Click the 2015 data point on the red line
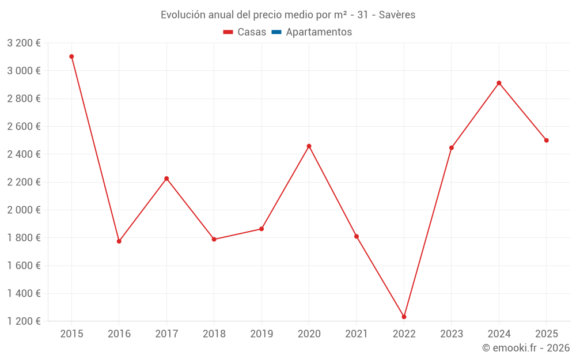pos(71,56)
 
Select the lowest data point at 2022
pos(404,317)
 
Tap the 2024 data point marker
pos(499,83)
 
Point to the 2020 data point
pos(309,146)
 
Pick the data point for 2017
pos(166,179)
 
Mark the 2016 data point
pos(119,241)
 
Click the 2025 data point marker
pos(546,141)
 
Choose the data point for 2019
pos(262,229)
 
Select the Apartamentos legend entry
pos(319,32)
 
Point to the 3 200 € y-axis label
pos(24,43)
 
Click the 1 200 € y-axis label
pos(24,321)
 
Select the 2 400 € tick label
pos(24,154)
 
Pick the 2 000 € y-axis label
pos(24,210)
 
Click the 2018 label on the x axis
pos(214,334)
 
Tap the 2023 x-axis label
pos(451,334)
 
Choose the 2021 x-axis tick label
pos(356,334)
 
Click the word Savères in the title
pos(397,15)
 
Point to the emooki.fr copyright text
pos(525,348)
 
